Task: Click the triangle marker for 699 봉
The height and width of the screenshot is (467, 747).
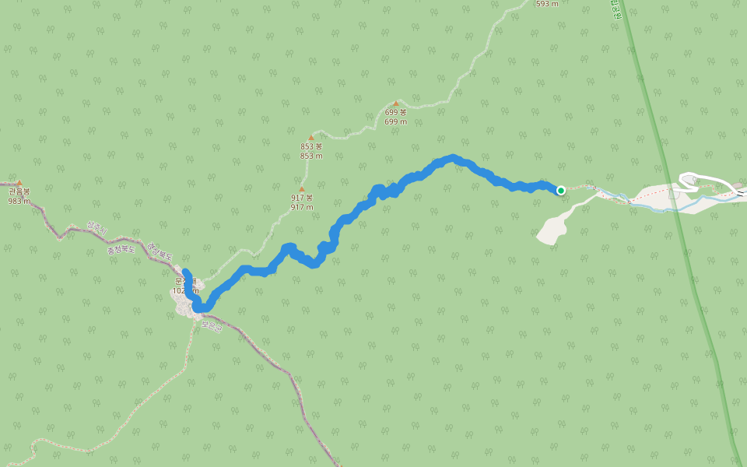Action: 395,104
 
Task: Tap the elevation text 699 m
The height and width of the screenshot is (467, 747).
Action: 395,121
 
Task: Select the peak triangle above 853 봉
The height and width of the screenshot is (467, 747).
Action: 311,138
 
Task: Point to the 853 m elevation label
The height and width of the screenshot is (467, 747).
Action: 311,156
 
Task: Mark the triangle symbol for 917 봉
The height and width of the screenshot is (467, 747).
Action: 301,189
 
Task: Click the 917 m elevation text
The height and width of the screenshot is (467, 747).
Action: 301,207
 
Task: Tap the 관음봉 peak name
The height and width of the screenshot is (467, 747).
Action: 19,191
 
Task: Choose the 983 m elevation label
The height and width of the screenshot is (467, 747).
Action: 19,201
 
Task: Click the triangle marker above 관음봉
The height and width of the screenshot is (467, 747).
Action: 19,183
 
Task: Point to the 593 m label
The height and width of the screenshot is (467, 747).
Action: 547,4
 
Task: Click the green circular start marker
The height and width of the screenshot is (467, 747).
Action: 560,190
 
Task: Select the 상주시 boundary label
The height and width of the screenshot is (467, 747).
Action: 96,227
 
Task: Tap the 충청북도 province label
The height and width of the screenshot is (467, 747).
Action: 121,245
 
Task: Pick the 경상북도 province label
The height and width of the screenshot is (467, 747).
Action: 162,252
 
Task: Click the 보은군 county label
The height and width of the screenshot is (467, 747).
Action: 212,326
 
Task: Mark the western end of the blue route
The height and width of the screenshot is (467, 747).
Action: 185,272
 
